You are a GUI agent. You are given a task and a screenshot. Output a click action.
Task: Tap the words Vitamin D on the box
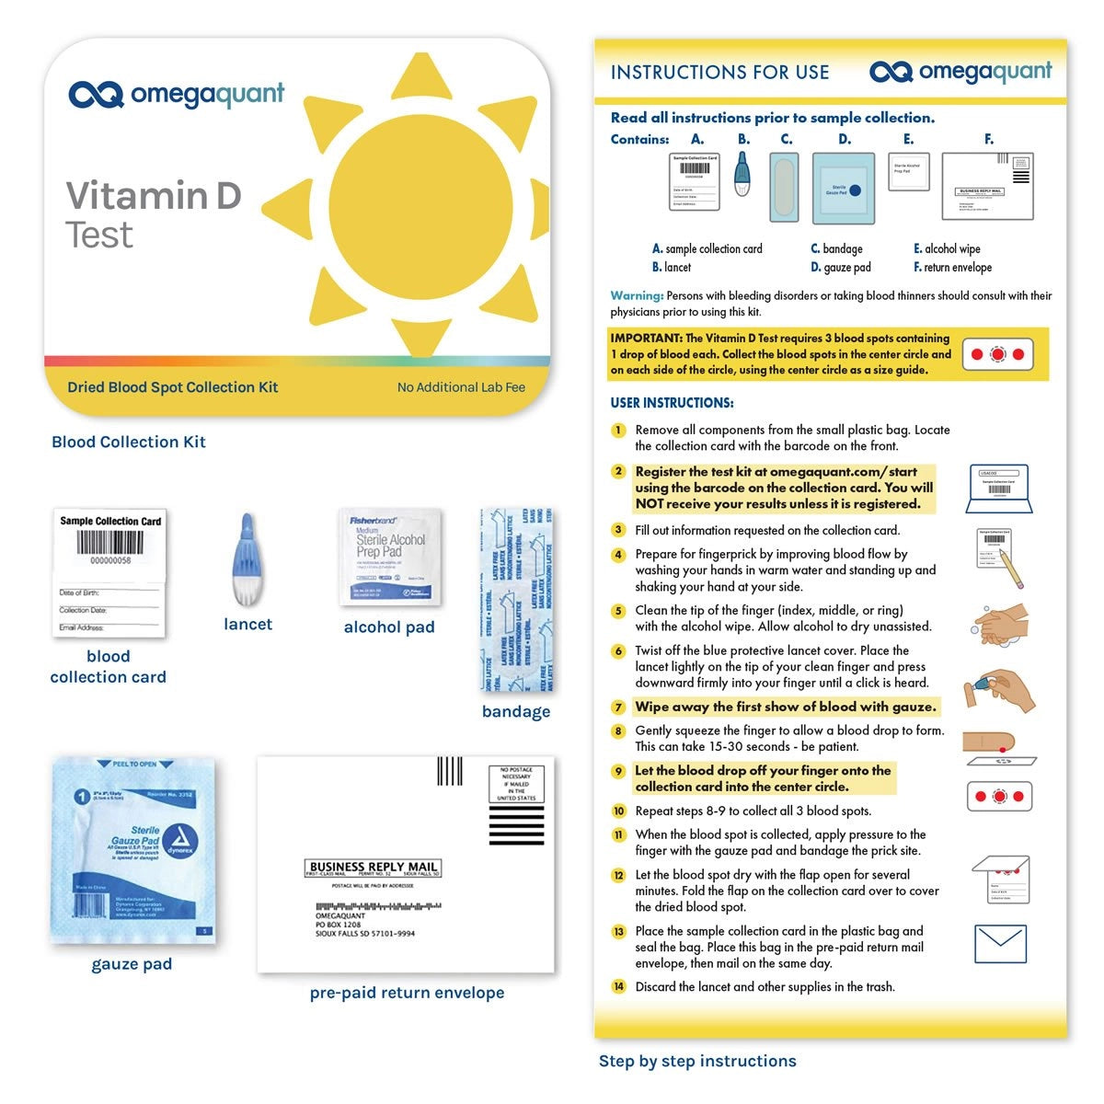click(154, 196)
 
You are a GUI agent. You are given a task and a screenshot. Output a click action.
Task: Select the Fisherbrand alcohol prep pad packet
click(389, 558)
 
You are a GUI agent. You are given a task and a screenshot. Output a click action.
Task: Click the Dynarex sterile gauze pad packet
click(132, 851)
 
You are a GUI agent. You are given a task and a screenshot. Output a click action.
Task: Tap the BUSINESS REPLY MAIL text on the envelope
click(373, 867)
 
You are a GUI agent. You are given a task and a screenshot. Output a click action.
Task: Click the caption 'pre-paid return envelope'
click(407, 994)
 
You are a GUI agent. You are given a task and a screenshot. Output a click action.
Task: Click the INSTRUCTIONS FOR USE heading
click(719, 73)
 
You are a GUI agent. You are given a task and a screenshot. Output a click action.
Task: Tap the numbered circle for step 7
click(618, 707)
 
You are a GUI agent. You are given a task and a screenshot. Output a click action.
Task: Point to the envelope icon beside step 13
click(999, 944)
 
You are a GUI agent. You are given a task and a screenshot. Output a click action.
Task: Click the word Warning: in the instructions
click(637, 296)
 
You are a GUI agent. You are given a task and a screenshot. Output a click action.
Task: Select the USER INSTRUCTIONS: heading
click(672, 403)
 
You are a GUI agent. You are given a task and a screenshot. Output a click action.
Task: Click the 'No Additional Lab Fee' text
click(461, 387)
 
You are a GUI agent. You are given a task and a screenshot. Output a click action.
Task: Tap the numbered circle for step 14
click(618, 987)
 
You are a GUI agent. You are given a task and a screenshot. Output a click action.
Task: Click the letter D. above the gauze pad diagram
click(845, 140)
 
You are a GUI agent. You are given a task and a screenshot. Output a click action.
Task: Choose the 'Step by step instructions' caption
click(697, 1062)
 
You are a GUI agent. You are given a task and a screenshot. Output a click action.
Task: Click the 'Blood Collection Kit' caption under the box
click(129, 443)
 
